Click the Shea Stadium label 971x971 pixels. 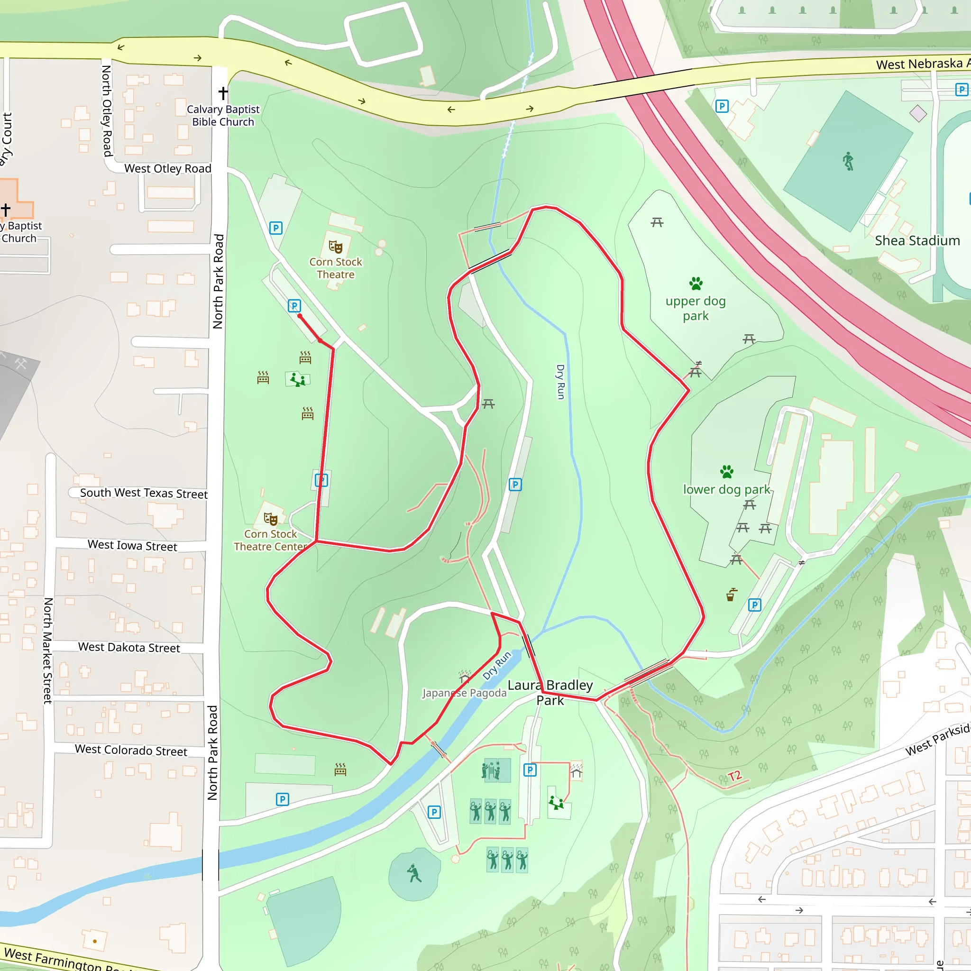[917, 241]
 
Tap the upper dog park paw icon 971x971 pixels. [696, 284]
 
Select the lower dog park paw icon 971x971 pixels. [727, 471]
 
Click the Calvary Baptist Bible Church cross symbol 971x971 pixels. [223, 93]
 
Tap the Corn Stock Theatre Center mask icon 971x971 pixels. [270, 519]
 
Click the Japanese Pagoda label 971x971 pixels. [464, 693]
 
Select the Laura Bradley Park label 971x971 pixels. [550, 693]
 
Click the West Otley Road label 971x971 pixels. [167, 169]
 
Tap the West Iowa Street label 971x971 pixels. [132, 545]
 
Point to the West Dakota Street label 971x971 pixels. [128, 647]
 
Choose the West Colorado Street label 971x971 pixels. [131, 751]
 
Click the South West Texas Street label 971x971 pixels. [144, 493]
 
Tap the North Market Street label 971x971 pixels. [48, 650]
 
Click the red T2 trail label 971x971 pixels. [734, 776]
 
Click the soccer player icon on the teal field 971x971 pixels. [848, 161]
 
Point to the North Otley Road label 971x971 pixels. [107, 110]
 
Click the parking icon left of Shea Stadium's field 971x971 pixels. [722, 106]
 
